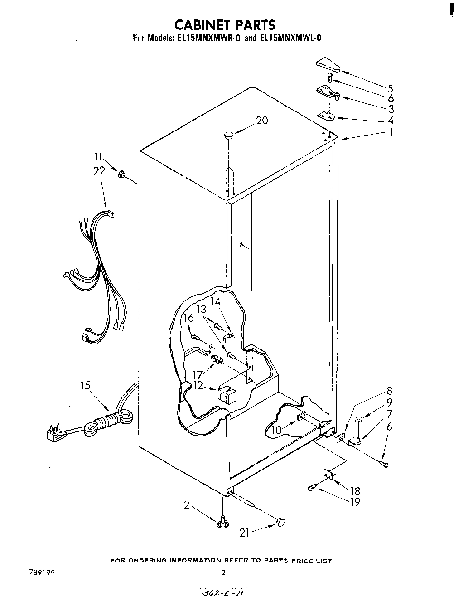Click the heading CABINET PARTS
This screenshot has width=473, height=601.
click(x=224, y=24)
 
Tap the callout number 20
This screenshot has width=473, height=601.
click(x=262, y=121)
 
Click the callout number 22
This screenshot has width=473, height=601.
click(x=99, y=171)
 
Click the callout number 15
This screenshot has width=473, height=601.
click(x=85, y=386)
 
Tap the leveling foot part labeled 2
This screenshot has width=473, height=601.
click(x=222, y=523)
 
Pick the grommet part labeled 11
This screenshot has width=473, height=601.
click(x=121, y=174)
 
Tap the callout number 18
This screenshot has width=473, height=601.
click(x=355, y=491)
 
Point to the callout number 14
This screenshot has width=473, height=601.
click(x=216, y=300)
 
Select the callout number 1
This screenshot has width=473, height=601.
click(x=391, y=132)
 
